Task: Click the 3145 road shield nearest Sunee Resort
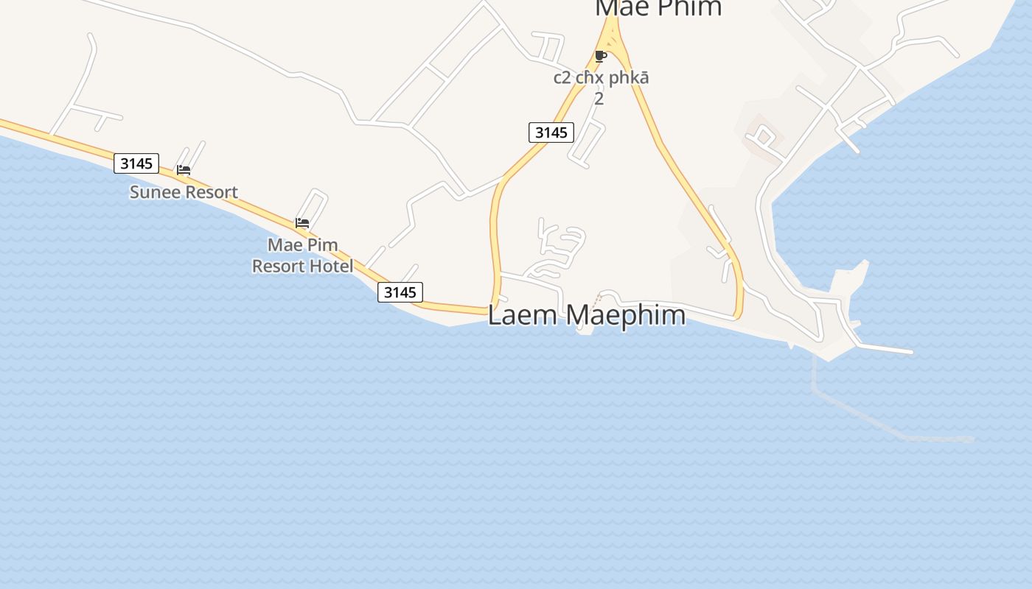(136, 163)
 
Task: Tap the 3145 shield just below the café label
(551, 133)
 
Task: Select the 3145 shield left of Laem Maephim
(400, 292)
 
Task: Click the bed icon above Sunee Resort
(184, 170)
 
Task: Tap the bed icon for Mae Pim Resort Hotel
(302, 223)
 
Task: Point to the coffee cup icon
(601, 56)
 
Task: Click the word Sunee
(153, 192)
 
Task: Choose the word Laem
(515, 315)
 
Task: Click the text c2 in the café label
(562, 78)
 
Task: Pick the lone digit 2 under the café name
(599, 98)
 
